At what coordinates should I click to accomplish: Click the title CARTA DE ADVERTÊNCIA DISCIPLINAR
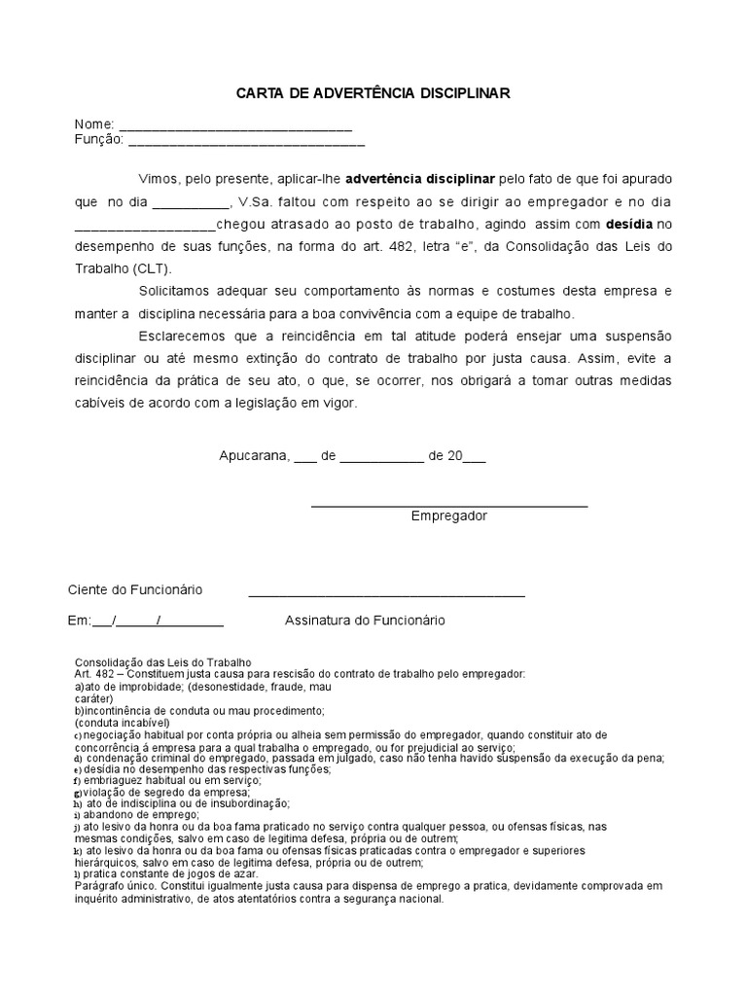pyautogui.click(x=373, y=92)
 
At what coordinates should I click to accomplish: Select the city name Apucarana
pyautogui.click(x=254, y=454)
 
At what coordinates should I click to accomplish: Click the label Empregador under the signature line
pyautogui.click(x=448, y=516)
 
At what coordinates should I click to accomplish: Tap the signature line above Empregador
pyautogui.click(x=448, y=504)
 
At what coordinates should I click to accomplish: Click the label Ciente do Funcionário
pyautogui.click(x=134, y=589)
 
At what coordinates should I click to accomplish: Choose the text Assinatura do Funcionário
pyautogui.click(x=365, y=620)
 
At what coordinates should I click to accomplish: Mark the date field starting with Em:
pyautogui.click(x=145, y=621)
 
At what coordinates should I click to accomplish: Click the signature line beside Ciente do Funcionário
pyautogui.click(x=386, y=592)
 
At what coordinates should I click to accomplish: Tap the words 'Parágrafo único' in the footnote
pyautogui.click(x=115, y=886)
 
